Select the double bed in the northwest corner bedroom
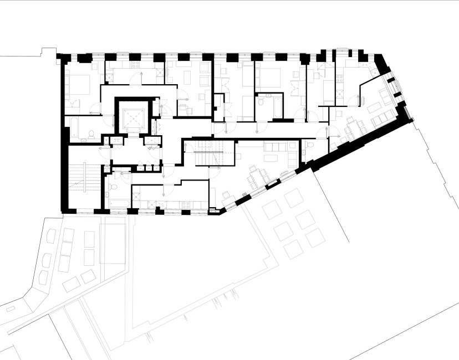81,84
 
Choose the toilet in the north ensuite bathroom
261,103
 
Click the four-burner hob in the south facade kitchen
186,203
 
